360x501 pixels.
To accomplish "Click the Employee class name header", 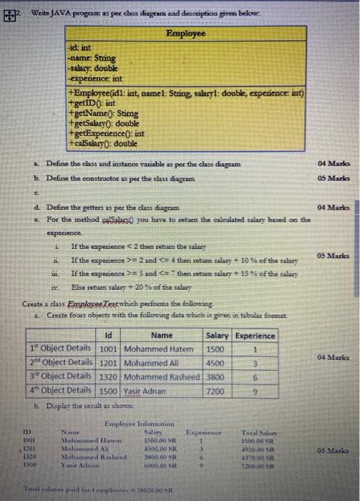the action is pos(186,34).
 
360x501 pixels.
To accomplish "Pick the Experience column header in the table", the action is pos(255,336).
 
